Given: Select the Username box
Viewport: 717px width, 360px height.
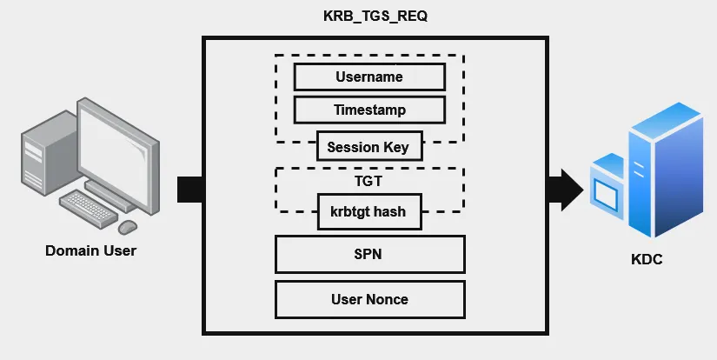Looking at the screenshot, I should pyautogui.click(x=369, y=77).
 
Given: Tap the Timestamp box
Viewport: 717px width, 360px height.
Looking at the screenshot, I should pyautogui.click(x=369, y=110).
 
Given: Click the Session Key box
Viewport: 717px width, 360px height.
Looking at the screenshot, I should pyautogui.click(x=369, y=147).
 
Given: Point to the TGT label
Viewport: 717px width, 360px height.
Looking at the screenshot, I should pyautogui.click(x=369, y=182).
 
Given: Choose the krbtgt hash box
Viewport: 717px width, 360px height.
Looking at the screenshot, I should pyautogui.click(x=369, y=211).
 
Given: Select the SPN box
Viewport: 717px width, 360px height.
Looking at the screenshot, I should pyautogui.click(x=369, y=255).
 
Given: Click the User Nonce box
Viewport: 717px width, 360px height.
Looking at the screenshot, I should pyautogui.click(x=369, y=299).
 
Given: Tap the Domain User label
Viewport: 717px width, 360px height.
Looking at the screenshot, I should pyautogui.click(x=90, y=251).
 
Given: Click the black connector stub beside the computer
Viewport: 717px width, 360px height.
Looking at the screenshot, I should pyautogui.click(x=189, y=190).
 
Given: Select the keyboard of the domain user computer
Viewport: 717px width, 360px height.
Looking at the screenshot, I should pyautogui.click(x=90, y=207).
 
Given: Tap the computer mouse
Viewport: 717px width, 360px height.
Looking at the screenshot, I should pyautogui.click(x=128, y=226).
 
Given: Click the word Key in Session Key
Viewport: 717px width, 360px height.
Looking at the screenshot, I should pyautogui.click(x=396, y=147).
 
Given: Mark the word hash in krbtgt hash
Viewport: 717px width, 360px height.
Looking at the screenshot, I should pyautogui.click(x=391, y=211).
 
